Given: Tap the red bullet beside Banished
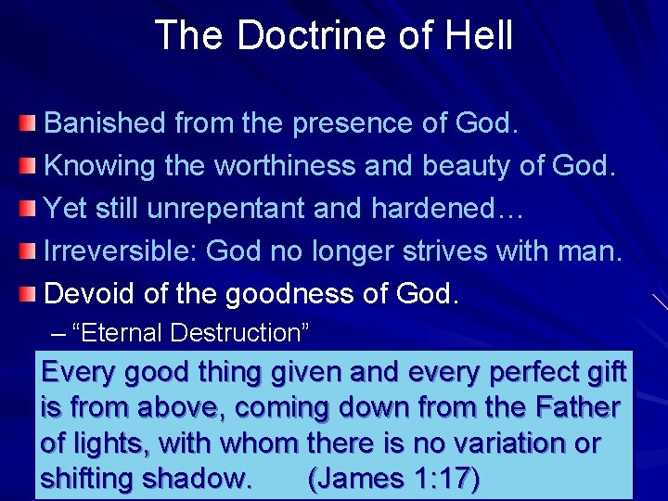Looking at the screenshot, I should (30, 123).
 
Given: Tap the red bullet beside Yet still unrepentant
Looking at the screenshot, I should (30, 209).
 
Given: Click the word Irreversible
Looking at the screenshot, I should (121, 251).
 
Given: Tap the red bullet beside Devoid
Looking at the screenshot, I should (30, 294).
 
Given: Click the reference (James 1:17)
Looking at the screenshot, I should (393, 479).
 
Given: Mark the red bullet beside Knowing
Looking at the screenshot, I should (30, 166).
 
